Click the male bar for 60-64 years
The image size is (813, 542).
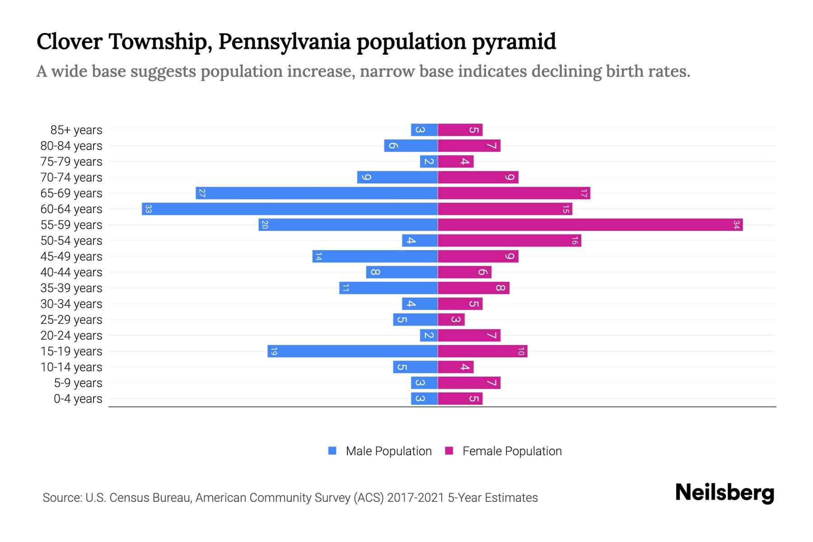point(290,209)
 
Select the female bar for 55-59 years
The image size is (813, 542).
point(590,224)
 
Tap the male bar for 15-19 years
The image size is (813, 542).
point(352,351)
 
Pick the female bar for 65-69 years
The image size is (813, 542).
point(514,193)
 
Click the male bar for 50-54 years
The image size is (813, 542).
point(420,240)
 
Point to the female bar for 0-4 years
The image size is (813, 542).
point(460,398)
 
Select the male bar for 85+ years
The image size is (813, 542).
point(424,130)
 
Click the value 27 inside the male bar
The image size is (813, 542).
point(202,193)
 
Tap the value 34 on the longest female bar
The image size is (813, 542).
point(736,224)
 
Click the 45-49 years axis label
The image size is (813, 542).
point(71,256)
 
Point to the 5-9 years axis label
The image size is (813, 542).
point(78,383)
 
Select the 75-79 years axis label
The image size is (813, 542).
point(71,161)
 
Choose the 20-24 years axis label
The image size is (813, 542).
point(71,335)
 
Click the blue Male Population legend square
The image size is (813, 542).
point(332,451)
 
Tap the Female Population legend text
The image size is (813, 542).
point(512,451)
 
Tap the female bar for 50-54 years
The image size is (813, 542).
point(509,240)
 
